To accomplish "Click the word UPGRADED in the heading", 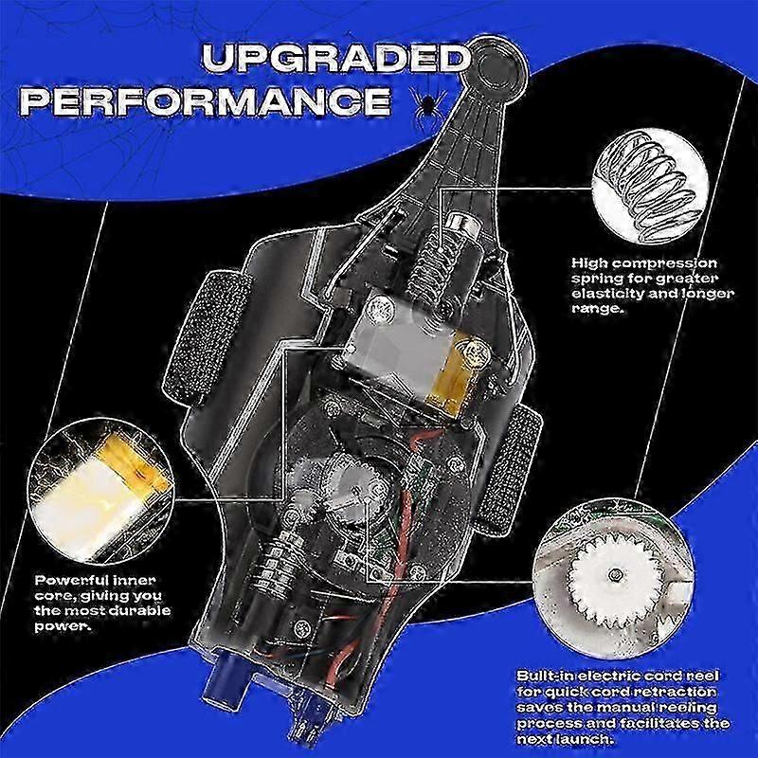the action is [x=336, y=59].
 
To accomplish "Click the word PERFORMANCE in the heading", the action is [x=205, y=101].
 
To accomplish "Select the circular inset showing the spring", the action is [x=650, y=186].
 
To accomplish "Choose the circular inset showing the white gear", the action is [x=613, y=579].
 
